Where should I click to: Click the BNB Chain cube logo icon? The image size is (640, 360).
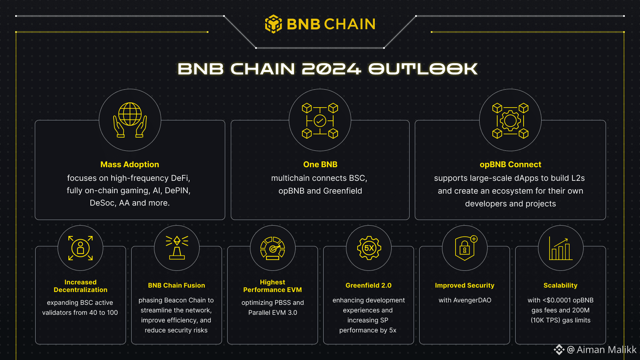274,24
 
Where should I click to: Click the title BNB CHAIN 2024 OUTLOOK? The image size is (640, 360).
328,69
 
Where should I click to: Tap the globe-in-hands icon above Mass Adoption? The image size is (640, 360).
130,120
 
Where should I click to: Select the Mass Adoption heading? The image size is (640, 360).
130,164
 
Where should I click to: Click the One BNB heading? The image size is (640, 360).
320,164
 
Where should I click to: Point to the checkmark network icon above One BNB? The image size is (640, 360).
320,120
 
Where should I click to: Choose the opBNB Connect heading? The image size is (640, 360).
510,164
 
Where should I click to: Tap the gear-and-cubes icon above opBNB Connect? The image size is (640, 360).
510,120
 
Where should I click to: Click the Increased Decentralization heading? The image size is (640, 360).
80,286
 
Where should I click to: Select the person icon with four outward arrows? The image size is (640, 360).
80,248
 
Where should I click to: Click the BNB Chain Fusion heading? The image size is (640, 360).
176,285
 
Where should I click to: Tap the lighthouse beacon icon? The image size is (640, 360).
177,248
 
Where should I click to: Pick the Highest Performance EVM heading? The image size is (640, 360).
272,286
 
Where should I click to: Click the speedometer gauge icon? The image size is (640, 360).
272,248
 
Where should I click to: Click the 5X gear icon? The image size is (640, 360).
369,248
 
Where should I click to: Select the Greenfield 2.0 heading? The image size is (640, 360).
368,285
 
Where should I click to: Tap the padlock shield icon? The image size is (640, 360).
465,248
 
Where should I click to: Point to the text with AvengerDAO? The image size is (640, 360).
465,300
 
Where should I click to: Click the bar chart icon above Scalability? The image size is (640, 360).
560,248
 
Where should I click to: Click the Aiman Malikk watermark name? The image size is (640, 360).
606,350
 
